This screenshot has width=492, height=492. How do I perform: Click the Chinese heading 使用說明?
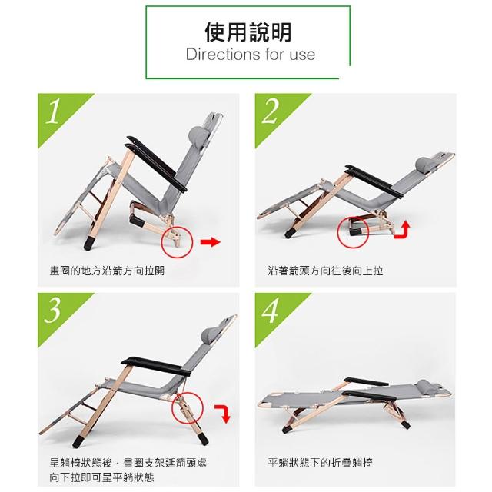click(248, 32)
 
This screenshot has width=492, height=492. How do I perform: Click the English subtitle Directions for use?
click(251, 55)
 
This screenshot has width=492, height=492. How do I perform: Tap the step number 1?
click(53, 111)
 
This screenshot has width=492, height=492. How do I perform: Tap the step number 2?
click(270, 111)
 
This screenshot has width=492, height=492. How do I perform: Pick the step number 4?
click(270, 311)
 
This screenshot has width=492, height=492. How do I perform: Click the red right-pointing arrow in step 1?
click(211, 242)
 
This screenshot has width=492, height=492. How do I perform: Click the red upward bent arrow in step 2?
click(403, 230)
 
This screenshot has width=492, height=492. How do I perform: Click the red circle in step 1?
click(161, 242)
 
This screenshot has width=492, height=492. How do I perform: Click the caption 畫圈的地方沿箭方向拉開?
click(107, 271)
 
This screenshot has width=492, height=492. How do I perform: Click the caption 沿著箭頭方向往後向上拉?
click(325, 271)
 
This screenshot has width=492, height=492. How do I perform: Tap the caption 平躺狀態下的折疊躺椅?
click(320, 463)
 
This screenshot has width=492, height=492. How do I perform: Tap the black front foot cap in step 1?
click(89, 243)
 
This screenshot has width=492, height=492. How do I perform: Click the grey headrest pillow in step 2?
click(424, 165)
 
